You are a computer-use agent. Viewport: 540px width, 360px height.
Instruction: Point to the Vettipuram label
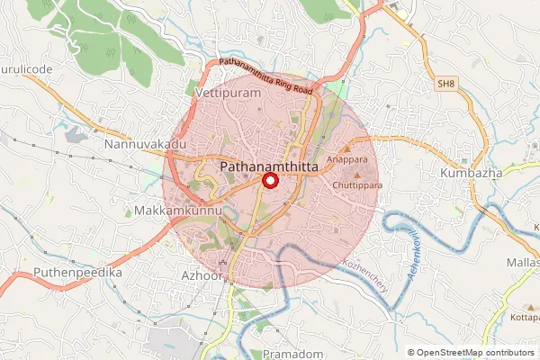pyautogui.click(x=229, y=94)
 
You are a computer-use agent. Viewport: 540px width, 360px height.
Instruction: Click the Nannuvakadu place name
pyautogui.click(x=144, y=144)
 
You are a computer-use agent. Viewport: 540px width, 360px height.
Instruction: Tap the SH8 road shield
pyautogui.click(x=445, y=84)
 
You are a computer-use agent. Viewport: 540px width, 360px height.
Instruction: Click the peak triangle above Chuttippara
pyautogui.click(x=358, y=175)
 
